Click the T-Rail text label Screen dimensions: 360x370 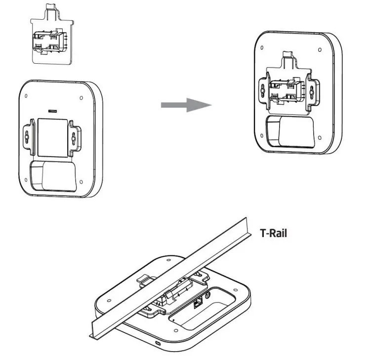273,233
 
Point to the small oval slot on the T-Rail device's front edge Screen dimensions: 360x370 157,343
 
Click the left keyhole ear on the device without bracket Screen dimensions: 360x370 29,137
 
